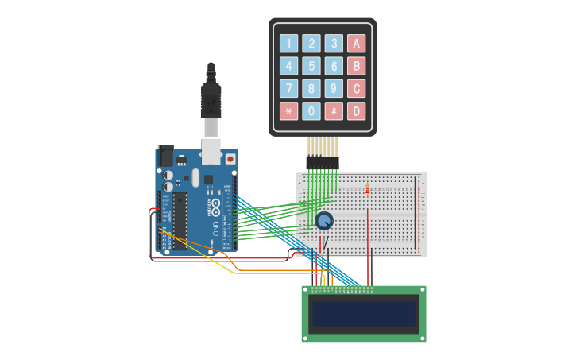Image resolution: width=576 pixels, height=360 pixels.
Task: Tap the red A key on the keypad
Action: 356,44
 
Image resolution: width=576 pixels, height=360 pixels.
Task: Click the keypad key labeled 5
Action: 311,66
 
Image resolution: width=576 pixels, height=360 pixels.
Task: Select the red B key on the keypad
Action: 356,66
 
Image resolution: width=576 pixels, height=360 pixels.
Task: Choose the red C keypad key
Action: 356,88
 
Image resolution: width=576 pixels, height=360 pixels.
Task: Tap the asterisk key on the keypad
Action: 289,111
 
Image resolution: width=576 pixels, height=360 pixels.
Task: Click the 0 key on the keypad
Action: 311,111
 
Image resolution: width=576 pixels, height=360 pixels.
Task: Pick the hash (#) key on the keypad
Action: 334,111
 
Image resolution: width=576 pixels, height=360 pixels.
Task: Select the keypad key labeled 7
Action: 289,88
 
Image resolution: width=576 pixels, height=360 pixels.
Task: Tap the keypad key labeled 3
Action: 334,44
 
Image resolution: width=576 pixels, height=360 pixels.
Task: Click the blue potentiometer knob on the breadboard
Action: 323,221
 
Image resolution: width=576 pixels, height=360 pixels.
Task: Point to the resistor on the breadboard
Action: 368,189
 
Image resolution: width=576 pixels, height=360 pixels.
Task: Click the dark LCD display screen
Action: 364,313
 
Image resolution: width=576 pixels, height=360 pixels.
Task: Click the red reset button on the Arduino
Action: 230,159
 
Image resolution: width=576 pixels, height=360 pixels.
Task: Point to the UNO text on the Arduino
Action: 215,229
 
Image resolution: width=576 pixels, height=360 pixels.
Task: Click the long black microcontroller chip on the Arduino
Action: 180,221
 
